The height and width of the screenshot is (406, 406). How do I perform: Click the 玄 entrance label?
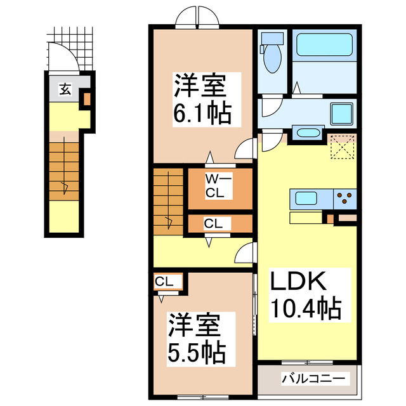[x=65, y=89]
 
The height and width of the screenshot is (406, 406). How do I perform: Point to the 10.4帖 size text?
[x=307, y=310]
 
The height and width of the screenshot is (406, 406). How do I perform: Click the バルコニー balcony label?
[x=313, y=379]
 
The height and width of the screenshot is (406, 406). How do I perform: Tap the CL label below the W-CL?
[x=213, y=223]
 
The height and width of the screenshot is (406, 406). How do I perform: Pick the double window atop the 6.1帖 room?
[x=198, y=17]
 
